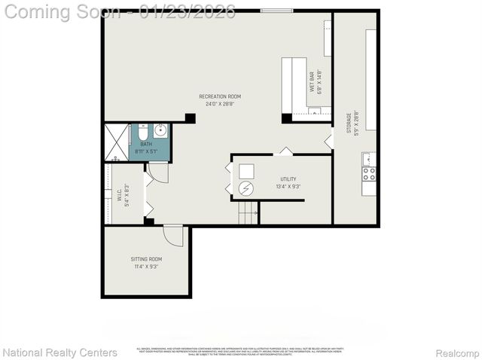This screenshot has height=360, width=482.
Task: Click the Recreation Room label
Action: click(x=220, y=96)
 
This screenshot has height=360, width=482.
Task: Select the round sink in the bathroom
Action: click(x=160, y=130)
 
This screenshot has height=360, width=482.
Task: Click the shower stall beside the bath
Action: click(x=116, y=143)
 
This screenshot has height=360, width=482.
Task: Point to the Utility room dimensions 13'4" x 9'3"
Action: click(x=288, y=186)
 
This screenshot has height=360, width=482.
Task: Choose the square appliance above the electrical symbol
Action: click(x=247, y=171)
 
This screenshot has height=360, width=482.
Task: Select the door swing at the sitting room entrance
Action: click(x=174, y=235)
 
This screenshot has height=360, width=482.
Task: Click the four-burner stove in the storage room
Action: click(x=369, y=174)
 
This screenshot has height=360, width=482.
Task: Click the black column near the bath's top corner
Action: click(x=190, y=118)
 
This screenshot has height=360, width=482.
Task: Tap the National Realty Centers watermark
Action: click(x=59, y=352)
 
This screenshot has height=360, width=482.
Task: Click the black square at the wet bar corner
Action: click(x=286, y=118)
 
